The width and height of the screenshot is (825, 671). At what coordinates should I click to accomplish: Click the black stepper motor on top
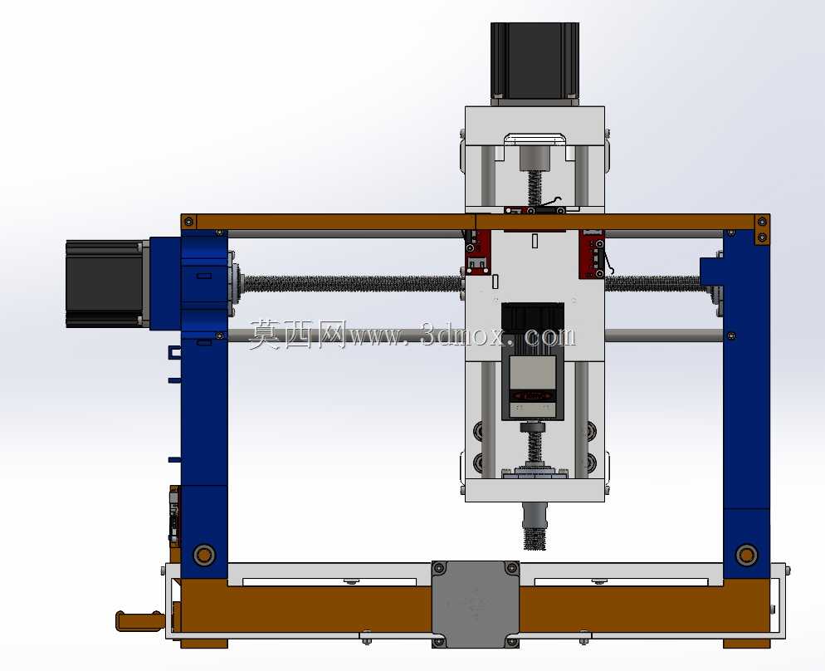tap(535, 63)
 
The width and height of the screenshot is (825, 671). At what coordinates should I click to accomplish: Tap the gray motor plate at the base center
tap(475, 604)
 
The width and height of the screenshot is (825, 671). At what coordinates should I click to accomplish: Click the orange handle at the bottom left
tap(139, 621)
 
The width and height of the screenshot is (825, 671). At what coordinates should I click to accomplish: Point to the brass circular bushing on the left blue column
tap(204, 555)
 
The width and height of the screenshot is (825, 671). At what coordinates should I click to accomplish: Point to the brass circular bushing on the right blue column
tap(746, 555)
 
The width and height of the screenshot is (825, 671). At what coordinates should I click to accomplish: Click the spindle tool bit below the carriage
tap(535, 527)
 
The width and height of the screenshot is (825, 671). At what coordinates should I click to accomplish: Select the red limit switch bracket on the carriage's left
tap(478, 252)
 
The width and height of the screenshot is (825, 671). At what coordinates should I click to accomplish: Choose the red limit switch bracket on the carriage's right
tap(592, 253)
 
